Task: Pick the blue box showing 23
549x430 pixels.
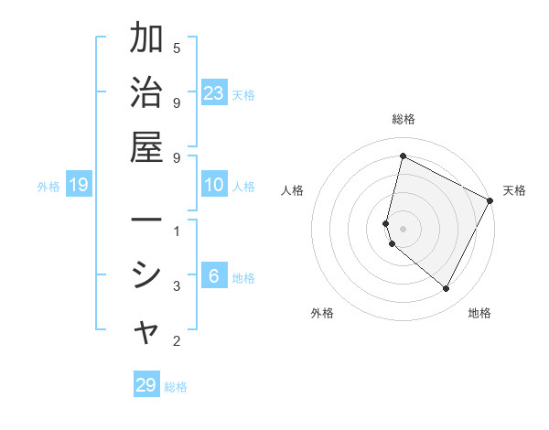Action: (x=214, y=92)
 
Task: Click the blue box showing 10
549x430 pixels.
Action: (x=214, y=186)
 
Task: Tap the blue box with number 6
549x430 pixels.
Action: (x=214, y=277)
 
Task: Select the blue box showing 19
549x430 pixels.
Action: (x=79, y=186)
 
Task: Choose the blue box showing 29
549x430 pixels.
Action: (x=146, y=385)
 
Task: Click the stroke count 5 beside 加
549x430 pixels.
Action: (x=177, y=48)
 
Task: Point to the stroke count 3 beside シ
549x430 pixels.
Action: (x=177, y=286)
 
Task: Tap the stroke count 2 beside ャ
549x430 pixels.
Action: (x=177, y=341)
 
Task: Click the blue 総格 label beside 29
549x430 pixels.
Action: (x=176, y=386)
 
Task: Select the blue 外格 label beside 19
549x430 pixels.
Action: (x=48, y=187)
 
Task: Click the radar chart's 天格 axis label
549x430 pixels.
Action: (x=514, y=190)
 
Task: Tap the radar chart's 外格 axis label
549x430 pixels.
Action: (x=322, y=313)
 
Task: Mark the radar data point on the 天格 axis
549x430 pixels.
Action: (x=490, y=200)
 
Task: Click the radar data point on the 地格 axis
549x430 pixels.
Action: (x=446, y=289)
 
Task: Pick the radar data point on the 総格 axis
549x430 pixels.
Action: (x=403, y=156)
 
